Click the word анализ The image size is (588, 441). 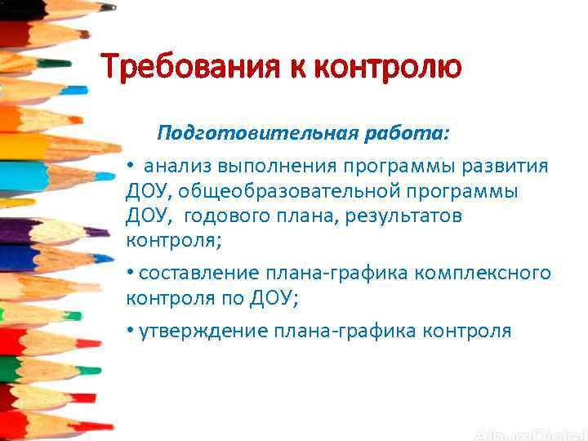pyautogui.click(x=177, y=167)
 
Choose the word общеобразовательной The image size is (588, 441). pyautogui.click(x=286, y=191)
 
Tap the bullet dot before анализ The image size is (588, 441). pyautogui.click(x=131, y=166)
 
